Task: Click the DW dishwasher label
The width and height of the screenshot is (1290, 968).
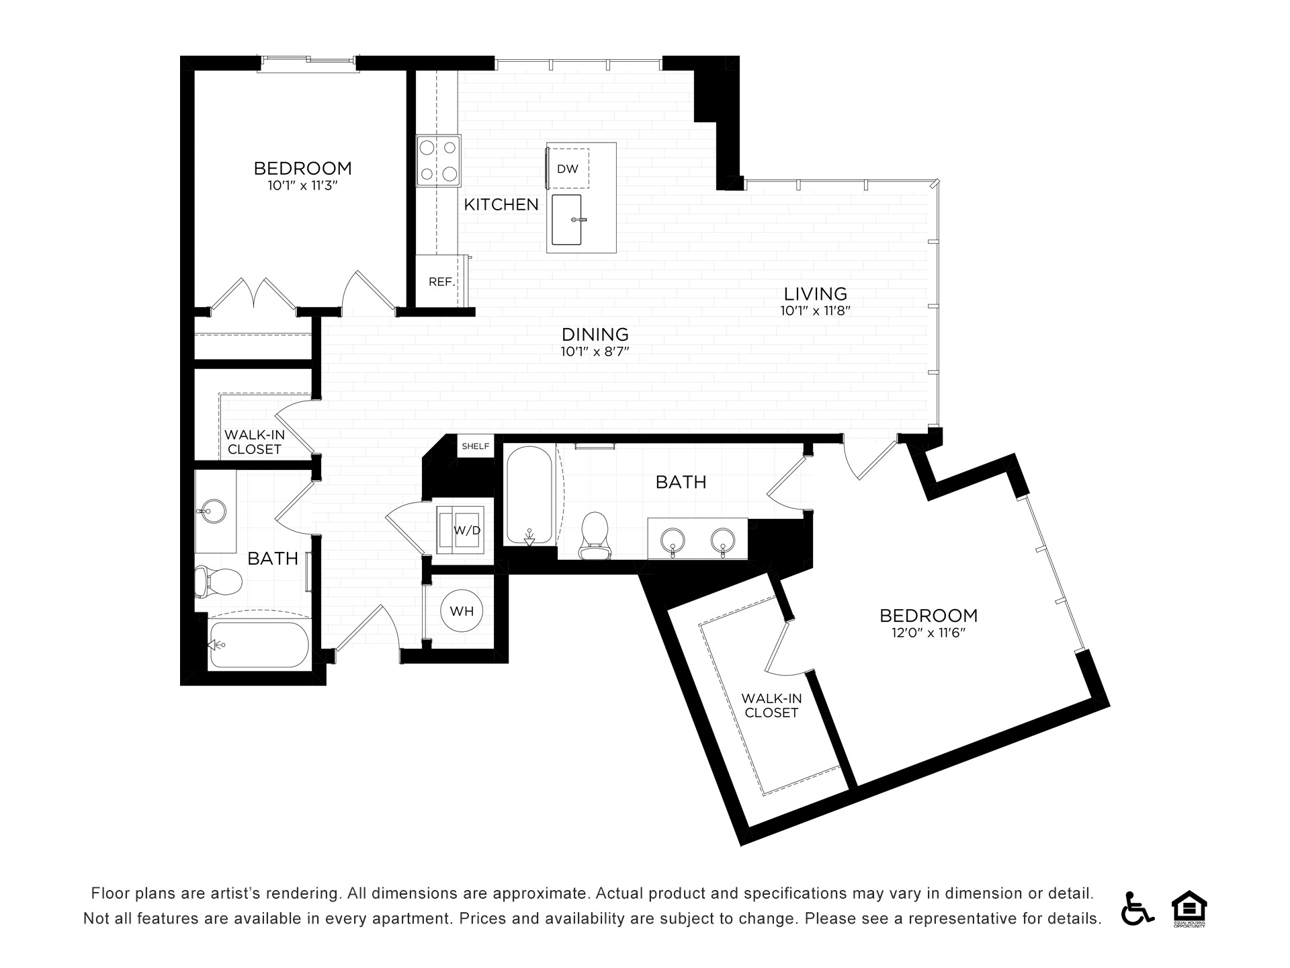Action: coord(568,169)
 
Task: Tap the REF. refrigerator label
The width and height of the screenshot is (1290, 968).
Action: coord(442,282)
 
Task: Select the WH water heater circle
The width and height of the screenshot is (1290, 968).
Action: coord(462,610)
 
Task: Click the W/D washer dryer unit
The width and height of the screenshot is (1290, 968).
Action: coord(460,530)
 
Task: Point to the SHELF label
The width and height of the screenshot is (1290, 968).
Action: coord(476,446)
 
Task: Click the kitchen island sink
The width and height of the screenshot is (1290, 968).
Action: coord(566,220)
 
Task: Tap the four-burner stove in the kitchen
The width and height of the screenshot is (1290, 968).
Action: coord(439,161)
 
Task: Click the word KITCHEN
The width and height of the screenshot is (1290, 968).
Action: coord(501,204)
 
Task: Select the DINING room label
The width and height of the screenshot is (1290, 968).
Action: coord(595,334)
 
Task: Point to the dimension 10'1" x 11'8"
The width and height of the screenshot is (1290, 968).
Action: coord(816,311)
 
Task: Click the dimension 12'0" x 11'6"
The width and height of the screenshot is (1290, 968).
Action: coord(929,633)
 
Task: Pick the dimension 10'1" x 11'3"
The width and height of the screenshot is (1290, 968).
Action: coord(302,186)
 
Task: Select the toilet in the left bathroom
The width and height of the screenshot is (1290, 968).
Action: coord(218,581)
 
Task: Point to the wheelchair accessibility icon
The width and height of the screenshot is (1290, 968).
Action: coord(1137,908)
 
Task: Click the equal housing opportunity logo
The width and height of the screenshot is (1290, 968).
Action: coord(1190,908)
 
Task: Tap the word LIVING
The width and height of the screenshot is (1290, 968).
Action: coord(816,294)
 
